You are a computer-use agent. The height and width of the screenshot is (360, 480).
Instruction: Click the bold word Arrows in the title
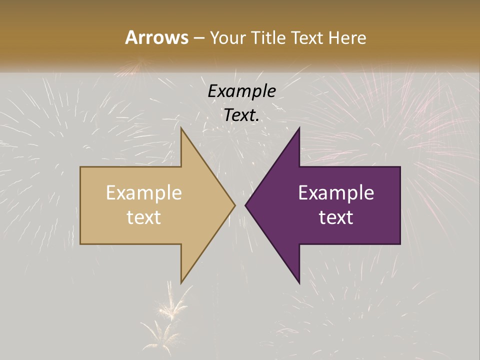point(156,37)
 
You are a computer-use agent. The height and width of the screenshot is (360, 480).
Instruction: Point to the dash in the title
point(198,38)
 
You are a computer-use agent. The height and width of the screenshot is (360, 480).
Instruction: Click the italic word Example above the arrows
point(241,91)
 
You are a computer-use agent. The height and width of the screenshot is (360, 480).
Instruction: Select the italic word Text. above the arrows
point(241,115)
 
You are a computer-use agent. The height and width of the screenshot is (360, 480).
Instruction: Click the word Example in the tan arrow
point(144,193)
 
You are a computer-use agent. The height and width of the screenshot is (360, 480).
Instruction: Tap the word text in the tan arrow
point(144,217)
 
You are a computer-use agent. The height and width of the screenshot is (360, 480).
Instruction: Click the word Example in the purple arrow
point(336,193)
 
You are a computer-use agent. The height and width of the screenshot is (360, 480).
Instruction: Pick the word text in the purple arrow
point(336,217)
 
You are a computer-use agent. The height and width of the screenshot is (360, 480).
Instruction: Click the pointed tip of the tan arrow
point(234,205)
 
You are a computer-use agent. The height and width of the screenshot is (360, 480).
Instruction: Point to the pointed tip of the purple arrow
point(245,205)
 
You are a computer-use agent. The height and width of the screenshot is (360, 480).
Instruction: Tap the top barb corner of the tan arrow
point(181,129)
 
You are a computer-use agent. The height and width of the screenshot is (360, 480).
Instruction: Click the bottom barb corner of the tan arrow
point(181,282)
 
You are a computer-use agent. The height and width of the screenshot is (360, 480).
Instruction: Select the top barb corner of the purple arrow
point(299,129)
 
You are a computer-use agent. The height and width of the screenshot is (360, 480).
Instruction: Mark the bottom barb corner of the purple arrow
point(299,282)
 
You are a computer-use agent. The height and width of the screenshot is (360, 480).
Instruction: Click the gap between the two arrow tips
point(240,205)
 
